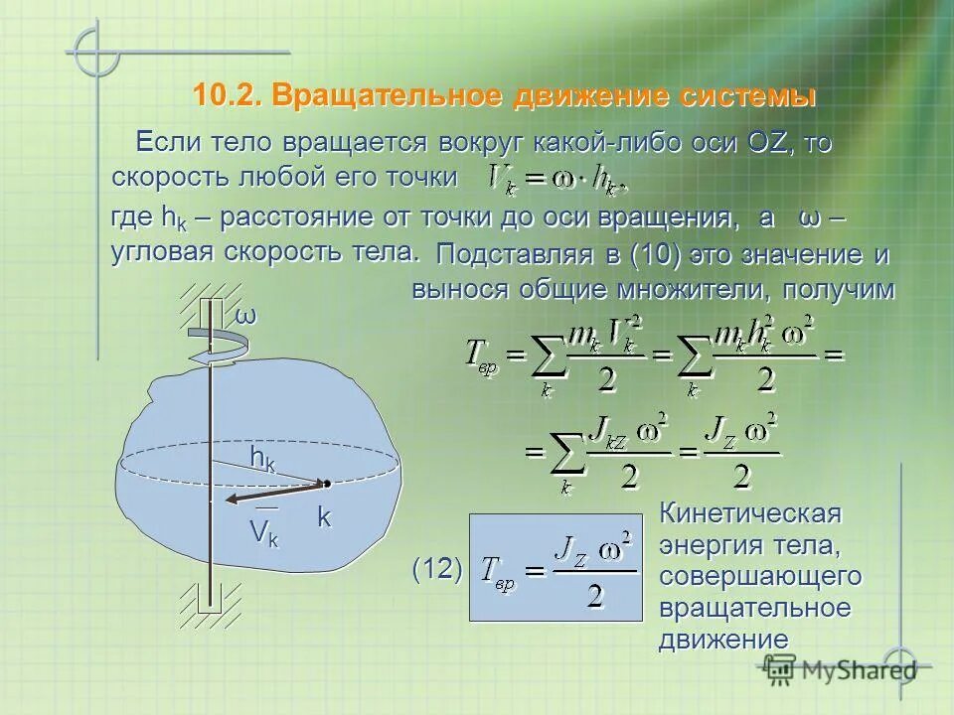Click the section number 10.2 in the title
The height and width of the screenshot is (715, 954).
(x=228, y=96)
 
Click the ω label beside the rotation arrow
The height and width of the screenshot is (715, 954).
(x=245, y=317)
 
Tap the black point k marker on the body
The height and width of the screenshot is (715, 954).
(x=325, y=484)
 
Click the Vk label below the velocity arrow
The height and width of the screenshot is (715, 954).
(x=264, y=532)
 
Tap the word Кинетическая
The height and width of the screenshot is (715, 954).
(x=750, y=514)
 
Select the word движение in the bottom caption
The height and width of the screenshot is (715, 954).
(x=723, y=639)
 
